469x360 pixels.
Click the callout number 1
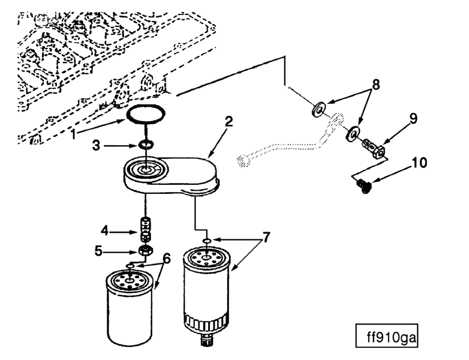pyautogui.click(x=73, y=135)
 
